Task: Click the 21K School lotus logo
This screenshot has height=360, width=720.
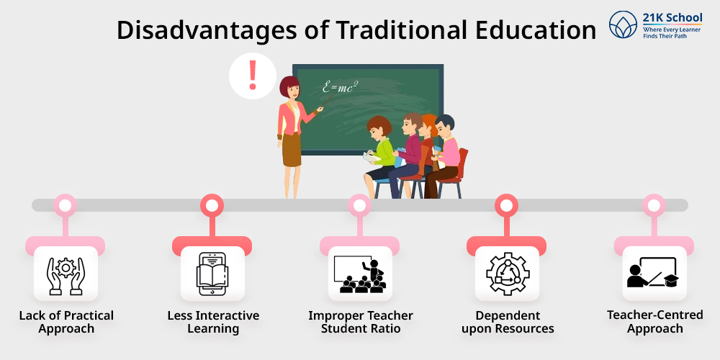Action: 623,24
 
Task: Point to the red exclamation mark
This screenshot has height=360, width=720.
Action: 252,75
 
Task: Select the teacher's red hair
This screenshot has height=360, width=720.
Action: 289,86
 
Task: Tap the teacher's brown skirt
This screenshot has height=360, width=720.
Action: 292,150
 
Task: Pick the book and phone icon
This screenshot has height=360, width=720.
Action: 212,274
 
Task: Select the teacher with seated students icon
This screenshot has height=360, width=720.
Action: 359,274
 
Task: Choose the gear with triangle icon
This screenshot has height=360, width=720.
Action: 507,274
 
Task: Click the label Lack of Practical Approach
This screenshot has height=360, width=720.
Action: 66,322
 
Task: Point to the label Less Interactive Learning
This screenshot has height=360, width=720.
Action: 213,322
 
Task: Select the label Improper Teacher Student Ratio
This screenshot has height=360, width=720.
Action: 361,322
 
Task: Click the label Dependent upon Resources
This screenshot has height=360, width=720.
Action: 508,322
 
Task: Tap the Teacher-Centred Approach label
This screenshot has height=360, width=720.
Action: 654,321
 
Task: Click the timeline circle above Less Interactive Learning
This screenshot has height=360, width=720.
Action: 212,205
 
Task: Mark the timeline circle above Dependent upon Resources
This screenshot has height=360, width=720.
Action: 506,205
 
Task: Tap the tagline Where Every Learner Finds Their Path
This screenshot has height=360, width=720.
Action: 672,32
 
